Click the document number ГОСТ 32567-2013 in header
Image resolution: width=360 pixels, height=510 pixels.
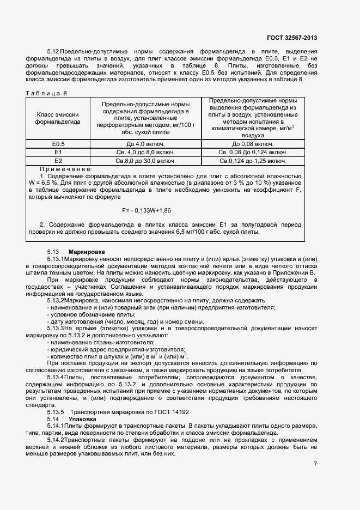(292, 38)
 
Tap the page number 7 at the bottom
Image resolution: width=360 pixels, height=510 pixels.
(315, 464)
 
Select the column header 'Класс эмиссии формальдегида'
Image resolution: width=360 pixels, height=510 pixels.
(58, 118)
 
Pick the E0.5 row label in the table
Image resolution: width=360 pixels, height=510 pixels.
(58, 144)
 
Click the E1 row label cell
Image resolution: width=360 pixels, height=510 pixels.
(58, 152)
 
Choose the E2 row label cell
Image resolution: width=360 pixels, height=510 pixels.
(58, 161)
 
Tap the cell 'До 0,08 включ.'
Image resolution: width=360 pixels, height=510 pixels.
(253, 144)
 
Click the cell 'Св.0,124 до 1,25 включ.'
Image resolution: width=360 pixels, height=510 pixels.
(253, 161)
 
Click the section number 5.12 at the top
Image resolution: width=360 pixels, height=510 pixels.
(53, 51)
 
